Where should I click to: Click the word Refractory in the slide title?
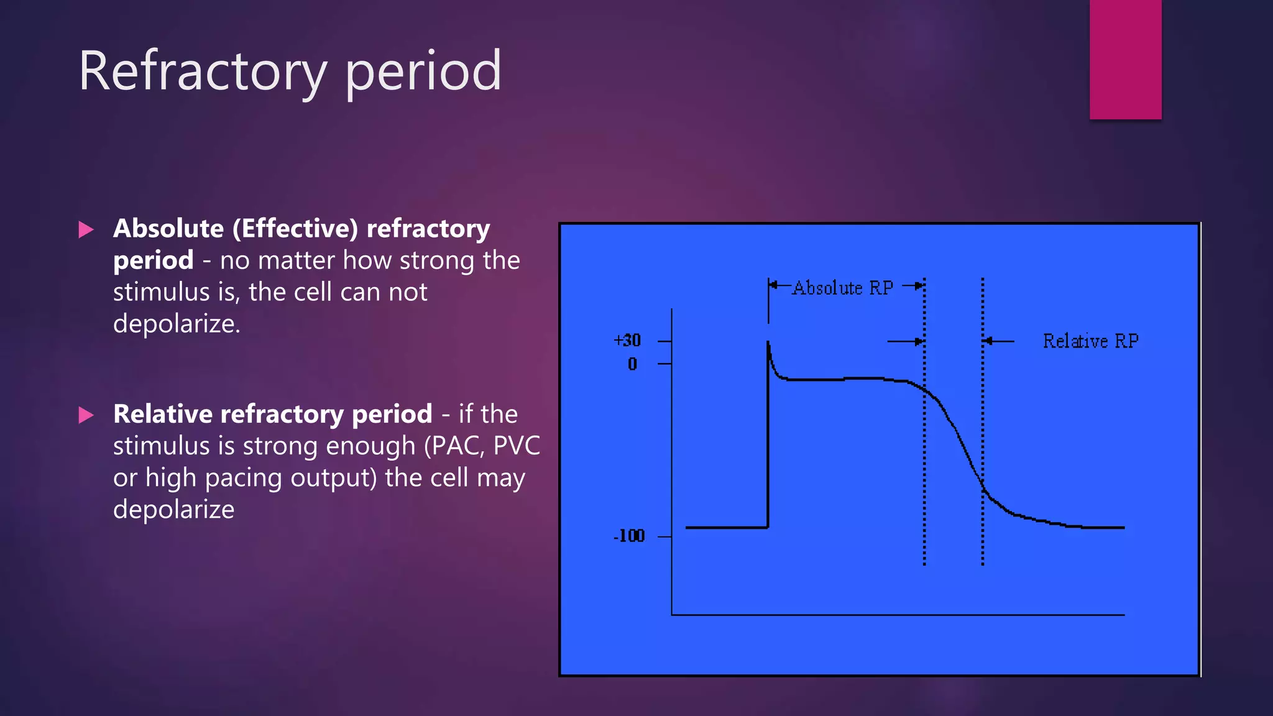[x=202, y=71]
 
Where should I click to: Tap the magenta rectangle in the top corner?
[x=1125, y=59]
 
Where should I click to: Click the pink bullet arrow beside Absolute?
[x=86, y=230]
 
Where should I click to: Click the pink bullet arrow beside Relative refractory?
[x=86, y=415]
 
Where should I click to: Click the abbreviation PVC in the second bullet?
[x=516, y=446]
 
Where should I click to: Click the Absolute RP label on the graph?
[x=842, y=288]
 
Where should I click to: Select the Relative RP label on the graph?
[x=1090, y=341]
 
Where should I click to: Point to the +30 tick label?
[x=627, y=341]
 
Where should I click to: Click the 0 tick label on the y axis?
[x=632, y=364]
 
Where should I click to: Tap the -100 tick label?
[x=629, y=536]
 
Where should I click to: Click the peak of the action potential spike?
[x=768, y=343]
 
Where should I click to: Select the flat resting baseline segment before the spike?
[x=726, y=528]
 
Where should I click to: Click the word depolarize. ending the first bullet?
[x=177, y=324]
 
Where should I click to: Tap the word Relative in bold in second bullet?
[x=162, y=415]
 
